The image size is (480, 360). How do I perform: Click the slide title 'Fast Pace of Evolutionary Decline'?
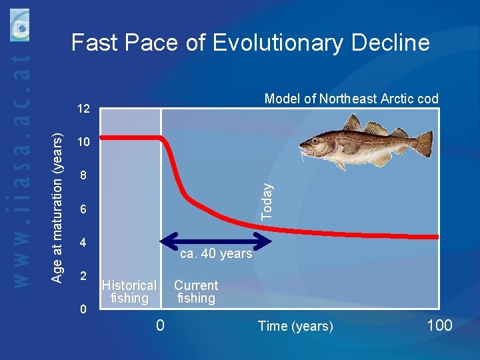[x=250, y=43]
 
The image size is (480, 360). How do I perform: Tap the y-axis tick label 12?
[x=83, y=108]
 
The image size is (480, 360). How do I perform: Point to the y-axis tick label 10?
[x=83, y=143]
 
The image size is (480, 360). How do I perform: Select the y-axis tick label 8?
[x=83, y=177]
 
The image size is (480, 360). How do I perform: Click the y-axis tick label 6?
[x=83, y=210]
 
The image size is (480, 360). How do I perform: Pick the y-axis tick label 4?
[x=83, y=243]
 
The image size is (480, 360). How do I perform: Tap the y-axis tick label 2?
[x=83, y=276]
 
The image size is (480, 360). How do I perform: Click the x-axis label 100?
[x=438, y=325]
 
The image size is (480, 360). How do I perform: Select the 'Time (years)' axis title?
[x=295, y=326]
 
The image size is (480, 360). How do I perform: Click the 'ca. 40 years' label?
[x=217, y=254]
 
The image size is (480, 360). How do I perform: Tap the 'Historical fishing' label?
[x=129, y=292]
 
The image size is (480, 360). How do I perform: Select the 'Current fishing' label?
[x=196, y=292]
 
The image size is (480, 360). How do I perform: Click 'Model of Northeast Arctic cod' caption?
[x=351, y=99]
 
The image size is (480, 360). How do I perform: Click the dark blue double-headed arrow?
[x=213, y=238]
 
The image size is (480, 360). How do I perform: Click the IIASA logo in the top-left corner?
[x=20, y=24]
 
